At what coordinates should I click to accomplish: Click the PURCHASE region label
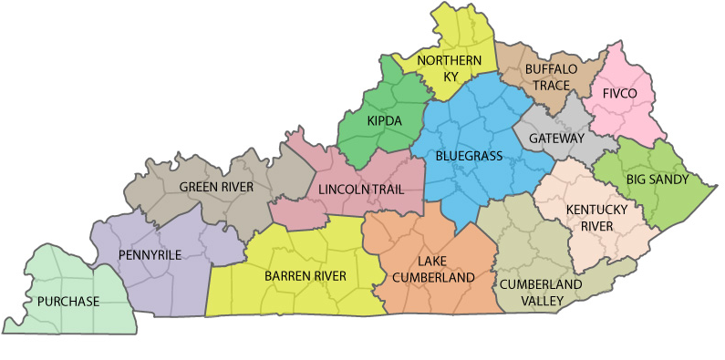(68, 301)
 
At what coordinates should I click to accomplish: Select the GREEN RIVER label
(216, 187)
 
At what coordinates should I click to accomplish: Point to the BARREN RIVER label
(305, 275)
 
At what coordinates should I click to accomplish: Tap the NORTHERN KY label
(449, 68)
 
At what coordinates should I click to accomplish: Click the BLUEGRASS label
(469, 157)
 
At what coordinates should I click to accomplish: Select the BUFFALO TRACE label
(552, 77)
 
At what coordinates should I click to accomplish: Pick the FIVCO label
(620, 93)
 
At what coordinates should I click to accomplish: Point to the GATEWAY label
(556, 139)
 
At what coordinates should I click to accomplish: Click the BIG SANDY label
(657, 180)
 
